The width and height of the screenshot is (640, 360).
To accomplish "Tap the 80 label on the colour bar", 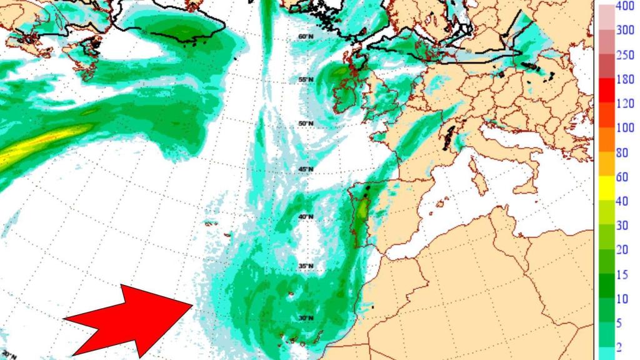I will click(622, 152).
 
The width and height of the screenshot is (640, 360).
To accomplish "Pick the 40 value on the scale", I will click(622, 201).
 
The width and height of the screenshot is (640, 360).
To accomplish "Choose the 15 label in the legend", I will click(622, 274).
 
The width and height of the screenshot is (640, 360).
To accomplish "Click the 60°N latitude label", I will click(305, 37).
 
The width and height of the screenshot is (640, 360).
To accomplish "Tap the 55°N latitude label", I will click(305, 80).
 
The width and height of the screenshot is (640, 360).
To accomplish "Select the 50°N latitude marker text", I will click(305, 123).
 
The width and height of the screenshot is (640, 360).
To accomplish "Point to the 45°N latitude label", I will click(305, 170).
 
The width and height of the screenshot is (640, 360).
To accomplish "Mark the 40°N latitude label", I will click(305, 217).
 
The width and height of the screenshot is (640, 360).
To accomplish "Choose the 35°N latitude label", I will click(305, 267).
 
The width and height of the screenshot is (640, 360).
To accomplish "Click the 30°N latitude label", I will click(305, 318).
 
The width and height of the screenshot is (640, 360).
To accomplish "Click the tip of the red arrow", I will click(192, 304).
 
